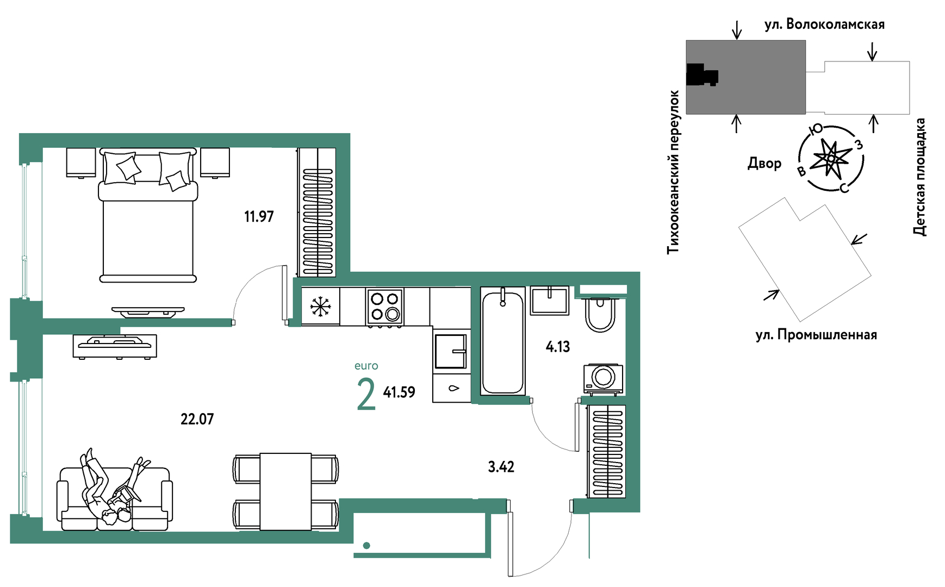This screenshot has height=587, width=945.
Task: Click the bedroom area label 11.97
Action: [x=259, y=216]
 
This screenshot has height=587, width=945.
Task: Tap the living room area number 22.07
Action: [x=197, y=419]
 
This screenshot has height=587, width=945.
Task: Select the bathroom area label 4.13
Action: [x=557, y=347]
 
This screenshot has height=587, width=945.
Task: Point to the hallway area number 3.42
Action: [x=501, y=467]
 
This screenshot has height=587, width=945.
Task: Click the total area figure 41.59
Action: [x=399, y=392]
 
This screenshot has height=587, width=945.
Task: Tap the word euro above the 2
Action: [x=366, y=366]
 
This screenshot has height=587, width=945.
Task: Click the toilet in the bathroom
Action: [x=600, y=314]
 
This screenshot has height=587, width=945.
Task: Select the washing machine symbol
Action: [x=603, y=378]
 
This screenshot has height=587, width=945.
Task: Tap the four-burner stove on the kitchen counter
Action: [x=385, y=307]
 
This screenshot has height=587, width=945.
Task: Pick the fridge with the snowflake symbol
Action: [x=321, y=307]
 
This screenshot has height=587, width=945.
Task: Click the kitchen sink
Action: [x=451, y=351]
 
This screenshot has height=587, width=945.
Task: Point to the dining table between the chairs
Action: [x=285, y=491]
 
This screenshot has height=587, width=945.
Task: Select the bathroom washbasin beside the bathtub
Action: [x=550, y=301]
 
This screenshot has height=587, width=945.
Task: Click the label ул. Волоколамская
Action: [x=824, y=24]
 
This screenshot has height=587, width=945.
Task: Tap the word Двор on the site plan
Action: [x=764, y=163]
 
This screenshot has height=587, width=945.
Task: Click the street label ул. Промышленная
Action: [x=816, y=335]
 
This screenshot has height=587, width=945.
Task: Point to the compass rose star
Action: [x=830, y=158]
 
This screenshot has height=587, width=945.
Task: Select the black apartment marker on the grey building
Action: [x=702, y=74]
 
